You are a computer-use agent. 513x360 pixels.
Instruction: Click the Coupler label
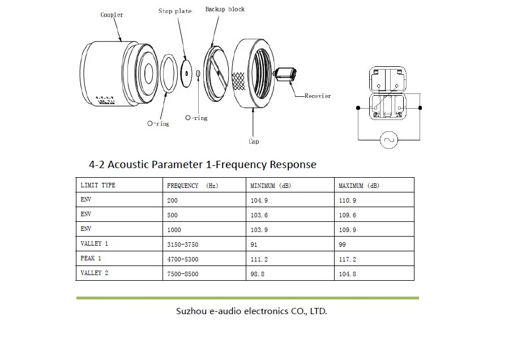tap(112, 15)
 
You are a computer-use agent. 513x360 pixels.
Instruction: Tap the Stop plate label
tap(175, 11)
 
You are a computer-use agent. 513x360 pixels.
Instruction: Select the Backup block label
tap(225, 9)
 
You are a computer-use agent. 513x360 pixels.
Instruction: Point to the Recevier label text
tap(317, 96)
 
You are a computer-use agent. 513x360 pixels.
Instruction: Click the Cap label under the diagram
tap(254, 142)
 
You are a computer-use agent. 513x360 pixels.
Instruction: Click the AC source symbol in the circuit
tap(388, 140)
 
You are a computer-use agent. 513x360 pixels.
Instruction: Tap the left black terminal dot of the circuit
tap(358, 108)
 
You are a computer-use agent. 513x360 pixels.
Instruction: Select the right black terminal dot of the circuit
tap(420, 108)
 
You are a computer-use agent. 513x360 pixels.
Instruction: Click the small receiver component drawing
tap(285, 75)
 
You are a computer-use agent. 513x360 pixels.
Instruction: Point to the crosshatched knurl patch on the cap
tap(238, 81)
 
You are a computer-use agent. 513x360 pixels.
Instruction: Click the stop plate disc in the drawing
tap(186, 73)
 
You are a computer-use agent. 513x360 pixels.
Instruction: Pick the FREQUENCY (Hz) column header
tap(193, 186)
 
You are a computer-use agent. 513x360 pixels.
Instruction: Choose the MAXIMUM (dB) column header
tap(359, 186)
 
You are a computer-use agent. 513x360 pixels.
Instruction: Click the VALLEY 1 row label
tap(94, 243)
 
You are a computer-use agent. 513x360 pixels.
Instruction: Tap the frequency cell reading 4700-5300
tap(182, 259)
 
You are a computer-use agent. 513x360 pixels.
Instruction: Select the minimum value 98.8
tap(257, 274)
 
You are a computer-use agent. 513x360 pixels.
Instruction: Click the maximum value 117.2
tap(348, 259)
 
